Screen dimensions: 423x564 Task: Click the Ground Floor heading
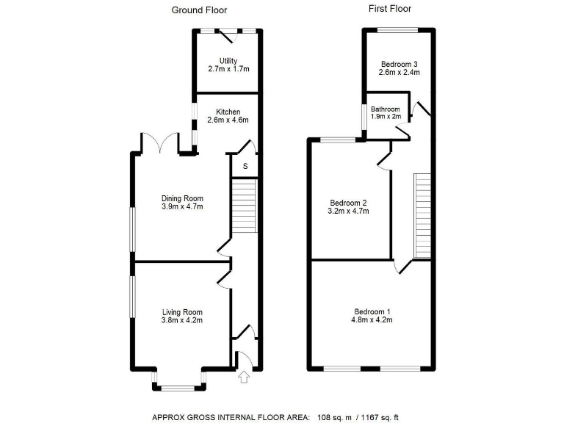coord(199,10)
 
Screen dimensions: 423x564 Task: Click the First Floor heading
coord(389,9)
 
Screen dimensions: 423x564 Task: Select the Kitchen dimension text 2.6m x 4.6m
coord(228,120)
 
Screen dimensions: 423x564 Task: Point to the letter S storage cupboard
coord(245,166)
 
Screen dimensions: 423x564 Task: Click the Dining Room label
coord(182,198)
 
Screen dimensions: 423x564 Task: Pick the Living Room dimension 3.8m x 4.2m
coord(182,320)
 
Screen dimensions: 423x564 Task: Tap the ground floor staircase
coord(245,208)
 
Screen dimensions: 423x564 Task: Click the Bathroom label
coord(386,109)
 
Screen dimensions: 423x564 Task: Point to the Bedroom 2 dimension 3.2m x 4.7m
coord(348,211)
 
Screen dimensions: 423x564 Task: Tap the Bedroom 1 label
coord(372,311)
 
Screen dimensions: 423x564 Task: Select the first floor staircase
coord(422,215)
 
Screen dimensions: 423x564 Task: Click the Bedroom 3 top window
coord(399,29)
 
